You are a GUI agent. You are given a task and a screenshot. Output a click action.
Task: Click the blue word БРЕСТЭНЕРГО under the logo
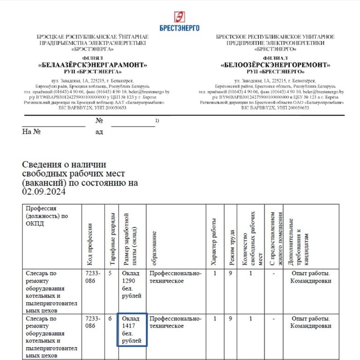pos(180,28)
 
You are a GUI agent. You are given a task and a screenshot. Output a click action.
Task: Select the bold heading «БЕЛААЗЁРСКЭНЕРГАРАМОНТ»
pos(92,65)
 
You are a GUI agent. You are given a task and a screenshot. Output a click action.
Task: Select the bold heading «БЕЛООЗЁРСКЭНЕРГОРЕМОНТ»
pos(275,65)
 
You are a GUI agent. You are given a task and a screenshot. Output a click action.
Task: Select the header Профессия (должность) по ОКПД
pos(46,216)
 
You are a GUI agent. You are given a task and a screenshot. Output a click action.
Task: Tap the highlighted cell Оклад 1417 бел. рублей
pos(132,330)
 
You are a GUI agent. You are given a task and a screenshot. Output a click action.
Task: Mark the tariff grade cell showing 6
pos(110,318)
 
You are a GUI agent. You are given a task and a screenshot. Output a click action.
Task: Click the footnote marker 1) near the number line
pos(157,121)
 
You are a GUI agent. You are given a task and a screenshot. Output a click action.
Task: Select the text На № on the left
pos(32,132)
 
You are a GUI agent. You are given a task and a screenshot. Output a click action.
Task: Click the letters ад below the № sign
pos(99,132)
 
